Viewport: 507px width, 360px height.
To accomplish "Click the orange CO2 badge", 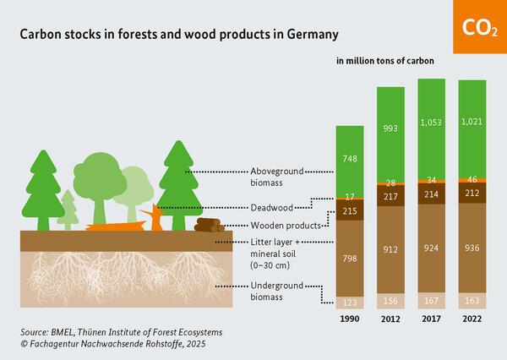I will coord(479,27).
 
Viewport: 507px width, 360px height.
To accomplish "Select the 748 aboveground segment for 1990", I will coord(348,159).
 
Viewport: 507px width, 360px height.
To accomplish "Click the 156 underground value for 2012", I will coord(390,301).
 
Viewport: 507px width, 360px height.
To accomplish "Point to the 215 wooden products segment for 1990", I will coord(348,211).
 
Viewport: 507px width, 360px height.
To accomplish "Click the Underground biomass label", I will coord(272,292).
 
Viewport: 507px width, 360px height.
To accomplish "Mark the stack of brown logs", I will coord(209,225).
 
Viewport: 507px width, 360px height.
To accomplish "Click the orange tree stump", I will coord(156,218).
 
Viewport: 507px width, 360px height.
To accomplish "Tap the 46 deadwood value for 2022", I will coord(472,180).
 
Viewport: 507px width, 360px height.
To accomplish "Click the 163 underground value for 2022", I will coord(472,300).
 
